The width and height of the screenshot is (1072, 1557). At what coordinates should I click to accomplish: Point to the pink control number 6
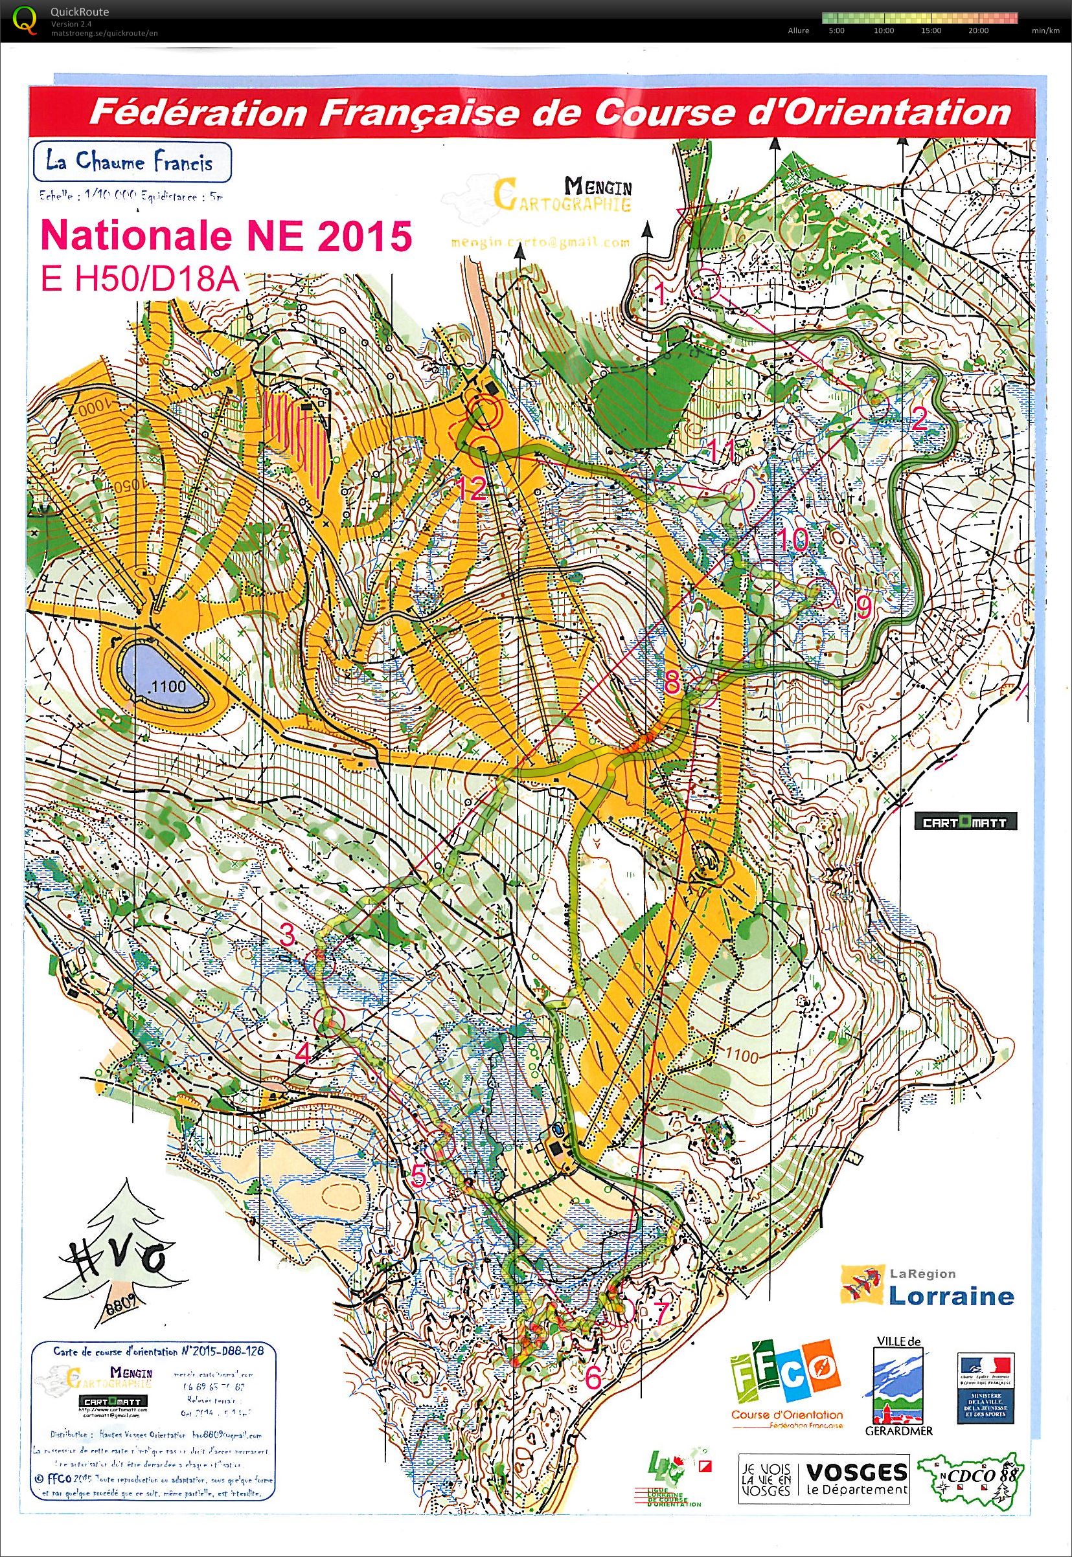point(593,1377)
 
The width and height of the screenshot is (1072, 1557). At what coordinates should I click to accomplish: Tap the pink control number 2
point(918,420)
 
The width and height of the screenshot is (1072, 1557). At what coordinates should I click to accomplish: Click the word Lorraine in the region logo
point(951,1295)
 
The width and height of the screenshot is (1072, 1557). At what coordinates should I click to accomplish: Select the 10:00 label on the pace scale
point(884,30)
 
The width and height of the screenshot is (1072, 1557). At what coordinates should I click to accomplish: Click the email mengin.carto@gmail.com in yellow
point(540,241)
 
